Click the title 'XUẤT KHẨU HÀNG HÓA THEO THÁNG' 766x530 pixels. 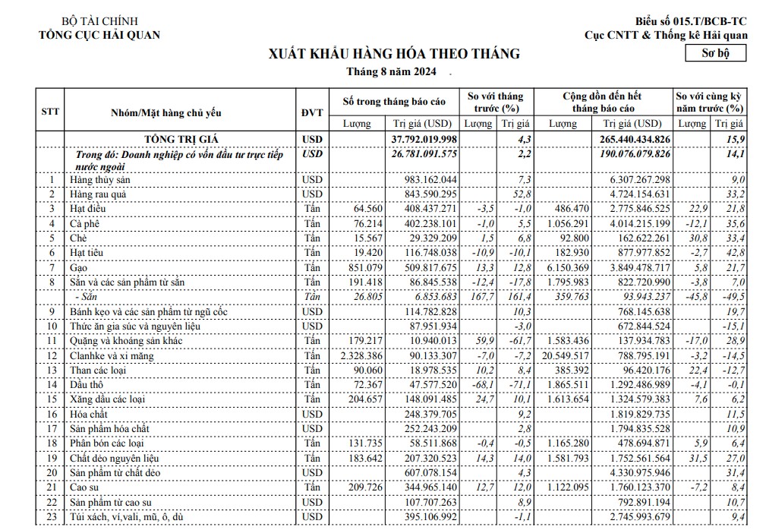click(x=394, y=54)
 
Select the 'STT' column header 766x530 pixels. click(x=50, y=112)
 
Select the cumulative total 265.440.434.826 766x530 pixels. click(x=631, y=139)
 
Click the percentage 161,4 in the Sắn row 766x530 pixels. click(x=518, y=297)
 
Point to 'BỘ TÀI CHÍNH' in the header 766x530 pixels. click(x=99, y=21)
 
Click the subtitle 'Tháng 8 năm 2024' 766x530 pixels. click(x=392, y=73)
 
